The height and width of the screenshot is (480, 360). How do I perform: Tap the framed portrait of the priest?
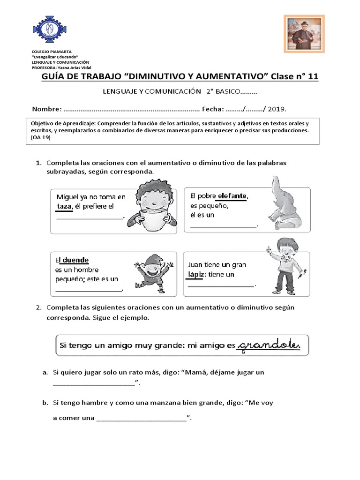click(304, 34)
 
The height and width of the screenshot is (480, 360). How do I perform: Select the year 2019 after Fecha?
click(277, 109)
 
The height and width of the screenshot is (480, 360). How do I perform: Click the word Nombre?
click(46, 109)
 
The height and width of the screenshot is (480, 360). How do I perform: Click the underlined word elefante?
click(232, 196)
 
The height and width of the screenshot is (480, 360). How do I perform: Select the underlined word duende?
click(75, 260)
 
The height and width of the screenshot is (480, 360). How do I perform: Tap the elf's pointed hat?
click(152, 261)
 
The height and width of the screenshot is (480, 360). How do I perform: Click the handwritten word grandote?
click(269, 346)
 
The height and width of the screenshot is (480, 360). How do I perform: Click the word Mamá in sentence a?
click(196, 373)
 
